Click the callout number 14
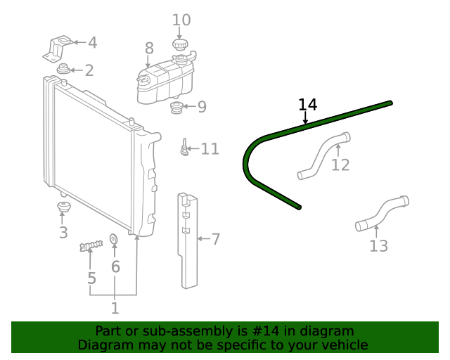(x=307, y=105)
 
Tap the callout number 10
(x=181, y=20)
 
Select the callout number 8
(x=149, y=49)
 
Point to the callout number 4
(x=92, y=43)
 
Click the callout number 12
(x=340, y=165)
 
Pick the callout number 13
(x=378, y=246)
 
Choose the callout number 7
(x=216, y=240)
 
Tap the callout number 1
(x=115, y=308)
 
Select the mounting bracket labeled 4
(x=58, y=48)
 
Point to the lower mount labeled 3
(x=63, y=208)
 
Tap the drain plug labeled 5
(x=91, y=245)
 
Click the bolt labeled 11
(x=184, y=148)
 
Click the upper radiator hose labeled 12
(x=323, y=155)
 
